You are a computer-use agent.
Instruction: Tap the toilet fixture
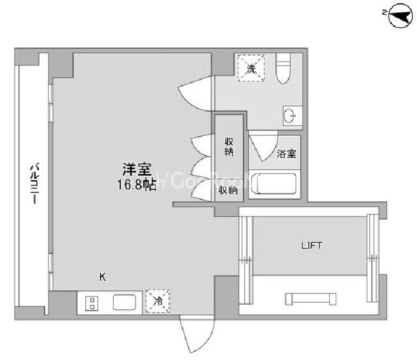[284, 69]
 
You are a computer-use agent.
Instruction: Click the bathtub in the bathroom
[274, 184]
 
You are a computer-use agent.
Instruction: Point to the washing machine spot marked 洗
[251, 69]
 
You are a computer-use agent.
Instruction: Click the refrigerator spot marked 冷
[158, 302]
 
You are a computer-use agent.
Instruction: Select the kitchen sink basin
[125, 302]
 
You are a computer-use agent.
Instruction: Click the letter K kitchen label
[102, 277]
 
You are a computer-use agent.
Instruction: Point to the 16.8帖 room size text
[137, 184]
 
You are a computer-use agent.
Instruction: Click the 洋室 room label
[137, 169]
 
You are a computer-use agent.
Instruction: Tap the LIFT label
[311, 245]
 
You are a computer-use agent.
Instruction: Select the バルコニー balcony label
[34, 183]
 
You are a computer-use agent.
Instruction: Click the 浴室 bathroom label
[287, 154]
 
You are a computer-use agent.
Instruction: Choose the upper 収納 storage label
[229, 147]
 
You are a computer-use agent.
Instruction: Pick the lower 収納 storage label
[228, 190]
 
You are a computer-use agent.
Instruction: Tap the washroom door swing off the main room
[196, 93]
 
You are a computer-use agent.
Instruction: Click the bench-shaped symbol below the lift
[310, 299]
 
